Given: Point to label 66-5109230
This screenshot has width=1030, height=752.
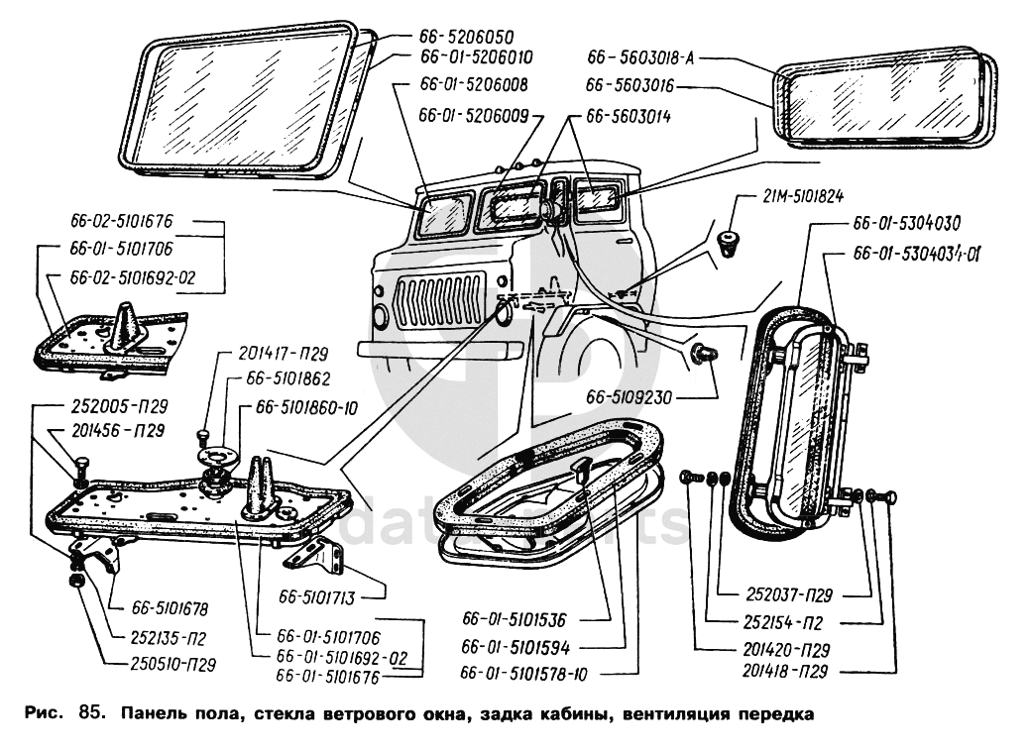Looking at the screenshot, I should pos(629,398).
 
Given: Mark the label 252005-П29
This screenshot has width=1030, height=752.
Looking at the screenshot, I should pos(119,407).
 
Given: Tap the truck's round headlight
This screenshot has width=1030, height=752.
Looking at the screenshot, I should pos(382,315).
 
